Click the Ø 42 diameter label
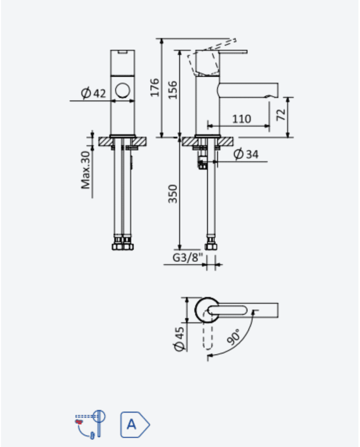[x=93, y=93]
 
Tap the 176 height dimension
[x=154, y=87]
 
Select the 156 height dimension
[x=172, y=90]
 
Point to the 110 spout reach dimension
[x=241, y=119]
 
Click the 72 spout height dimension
[x=281, y=115]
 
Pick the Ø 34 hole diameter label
[x=246, y=154]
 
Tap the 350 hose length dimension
[x=172, y=194]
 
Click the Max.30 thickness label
[x=85, y=170]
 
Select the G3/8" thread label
[x=188, y=257]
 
